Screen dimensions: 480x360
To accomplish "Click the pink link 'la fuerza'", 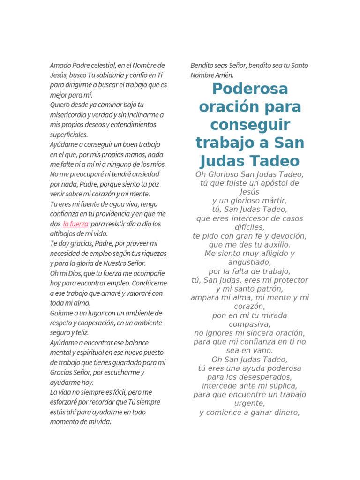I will [75, 224].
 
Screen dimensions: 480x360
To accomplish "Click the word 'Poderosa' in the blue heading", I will [249, 89].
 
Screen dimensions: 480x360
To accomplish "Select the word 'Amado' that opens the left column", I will [59, 66].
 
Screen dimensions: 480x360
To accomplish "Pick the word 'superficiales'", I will [68, 135].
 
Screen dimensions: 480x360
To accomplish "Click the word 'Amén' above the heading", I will [224, 75].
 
